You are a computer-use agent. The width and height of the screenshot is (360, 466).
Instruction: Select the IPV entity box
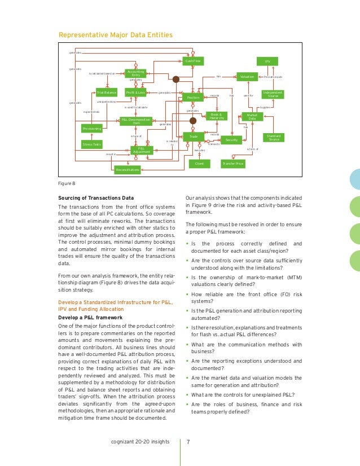point(267,61)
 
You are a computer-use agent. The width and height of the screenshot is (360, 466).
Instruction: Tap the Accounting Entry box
point(135,73)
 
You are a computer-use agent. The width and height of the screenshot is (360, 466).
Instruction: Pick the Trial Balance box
point(106,92)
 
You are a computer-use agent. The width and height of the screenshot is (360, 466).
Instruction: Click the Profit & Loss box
point(136,92)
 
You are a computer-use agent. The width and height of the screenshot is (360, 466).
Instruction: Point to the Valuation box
point(247,76)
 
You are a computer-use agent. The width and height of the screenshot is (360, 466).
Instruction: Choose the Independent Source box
point(273,94)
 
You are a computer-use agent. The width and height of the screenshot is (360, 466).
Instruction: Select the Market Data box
point(252,117)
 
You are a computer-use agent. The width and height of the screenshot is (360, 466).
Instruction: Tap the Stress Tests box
point(94,144)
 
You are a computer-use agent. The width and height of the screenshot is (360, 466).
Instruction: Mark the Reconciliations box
point(128,169)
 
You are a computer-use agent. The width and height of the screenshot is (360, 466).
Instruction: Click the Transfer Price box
point(232,164)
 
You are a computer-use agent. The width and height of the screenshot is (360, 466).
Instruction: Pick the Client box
point(199,164)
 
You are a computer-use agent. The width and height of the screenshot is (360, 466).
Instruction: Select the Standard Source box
point(274,137)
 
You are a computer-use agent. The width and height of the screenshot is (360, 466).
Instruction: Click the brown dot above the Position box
point(176,80)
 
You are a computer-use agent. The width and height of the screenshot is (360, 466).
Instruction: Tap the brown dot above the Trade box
point(193,121)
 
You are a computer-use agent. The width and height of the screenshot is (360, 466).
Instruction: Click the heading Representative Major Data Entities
point(116,36)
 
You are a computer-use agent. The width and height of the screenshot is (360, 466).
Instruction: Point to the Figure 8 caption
point(67,183)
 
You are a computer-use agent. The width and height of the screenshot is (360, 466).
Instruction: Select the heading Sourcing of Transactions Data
point(96,198)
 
